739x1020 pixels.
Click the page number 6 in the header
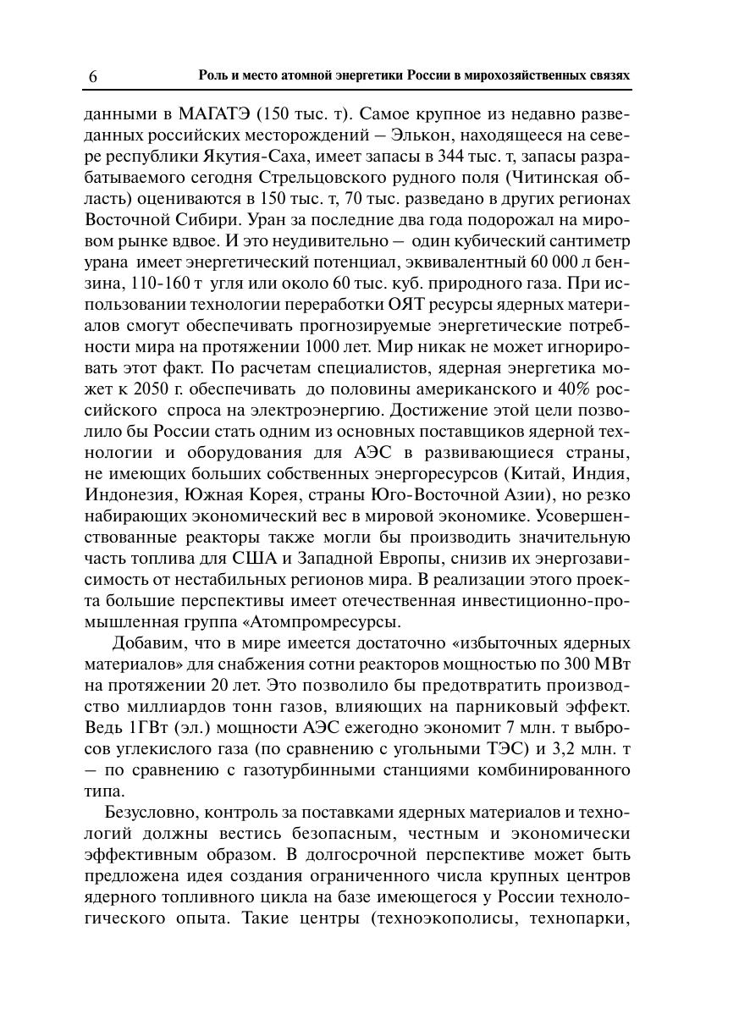coord(92,77)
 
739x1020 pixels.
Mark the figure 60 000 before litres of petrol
coord(552,262)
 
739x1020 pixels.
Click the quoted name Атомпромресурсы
coord(317,622)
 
